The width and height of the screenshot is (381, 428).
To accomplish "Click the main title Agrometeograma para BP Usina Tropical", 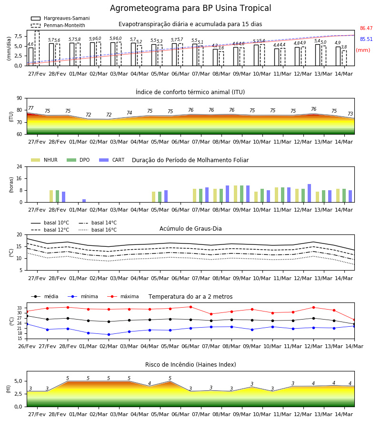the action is coord(190,8).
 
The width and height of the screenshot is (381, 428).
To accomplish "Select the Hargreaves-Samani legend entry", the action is coord(60,18).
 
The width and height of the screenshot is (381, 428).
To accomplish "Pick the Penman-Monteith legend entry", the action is coord(58,25).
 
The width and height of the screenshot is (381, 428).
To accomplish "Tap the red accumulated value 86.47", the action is coord(366,28).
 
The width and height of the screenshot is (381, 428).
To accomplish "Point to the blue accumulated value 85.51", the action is coord(366,39).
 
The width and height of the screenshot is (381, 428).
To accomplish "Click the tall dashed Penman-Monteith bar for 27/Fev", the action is coord(37,49).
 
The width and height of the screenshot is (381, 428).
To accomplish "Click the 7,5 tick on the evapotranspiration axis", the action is coord(18,36).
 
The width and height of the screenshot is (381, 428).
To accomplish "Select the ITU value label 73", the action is coord(350,114).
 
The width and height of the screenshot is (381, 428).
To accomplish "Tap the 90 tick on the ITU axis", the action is coord(19,98).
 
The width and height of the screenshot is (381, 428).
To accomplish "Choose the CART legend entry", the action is coord(112,160).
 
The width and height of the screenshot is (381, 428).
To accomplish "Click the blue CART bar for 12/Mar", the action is coord(310,193).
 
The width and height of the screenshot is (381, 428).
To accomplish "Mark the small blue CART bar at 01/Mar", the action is coord(84,201).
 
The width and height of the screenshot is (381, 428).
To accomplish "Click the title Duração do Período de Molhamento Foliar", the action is coord(190,160).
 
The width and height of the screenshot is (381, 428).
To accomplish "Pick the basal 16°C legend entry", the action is coord(98,230).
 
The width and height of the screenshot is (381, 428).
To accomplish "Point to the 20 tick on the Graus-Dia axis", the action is coord(19,235).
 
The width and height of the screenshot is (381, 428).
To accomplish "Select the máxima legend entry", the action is coord(123,296).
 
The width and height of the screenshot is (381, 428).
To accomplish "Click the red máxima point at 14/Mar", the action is coord(354,320).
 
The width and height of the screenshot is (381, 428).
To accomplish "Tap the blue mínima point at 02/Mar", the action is coord(109,334).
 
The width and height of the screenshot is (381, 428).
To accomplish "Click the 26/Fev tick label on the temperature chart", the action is coord(27,346).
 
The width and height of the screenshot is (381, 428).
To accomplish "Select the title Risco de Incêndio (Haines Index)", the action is coord(190,365).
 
